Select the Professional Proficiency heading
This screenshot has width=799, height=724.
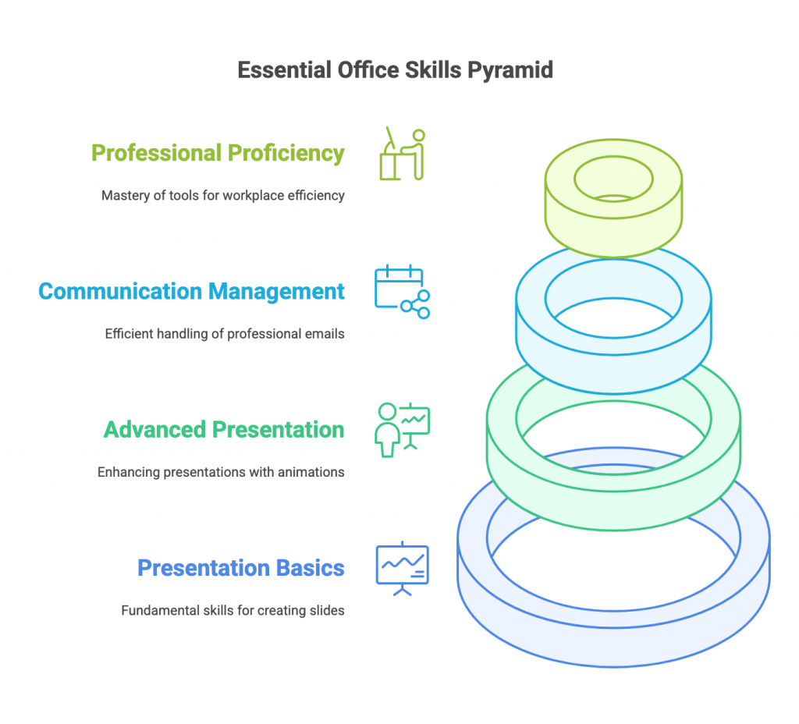[218, 154]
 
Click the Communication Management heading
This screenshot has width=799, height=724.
[192, 292]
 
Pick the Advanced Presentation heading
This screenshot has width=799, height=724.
[224, 430]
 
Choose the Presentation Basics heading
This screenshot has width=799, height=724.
[241, 568]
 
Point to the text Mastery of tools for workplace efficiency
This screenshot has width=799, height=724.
[223, 196]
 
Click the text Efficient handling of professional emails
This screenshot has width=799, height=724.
[225, 334]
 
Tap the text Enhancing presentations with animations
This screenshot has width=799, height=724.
[221, 472]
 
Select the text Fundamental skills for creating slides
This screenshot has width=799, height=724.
[233, 610]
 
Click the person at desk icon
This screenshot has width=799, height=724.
[403, 154]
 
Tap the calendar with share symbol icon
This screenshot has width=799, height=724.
[403, 292]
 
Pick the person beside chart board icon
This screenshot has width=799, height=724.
[403, 430]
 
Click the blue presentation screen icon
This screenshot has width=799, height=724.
[403, 569]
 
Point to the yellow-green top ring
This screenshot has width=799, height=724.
[613, 198]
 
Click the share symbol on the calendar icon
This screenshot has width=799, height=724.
[415, 305]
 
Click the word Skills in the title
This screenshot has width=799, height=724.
[433, 70]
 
